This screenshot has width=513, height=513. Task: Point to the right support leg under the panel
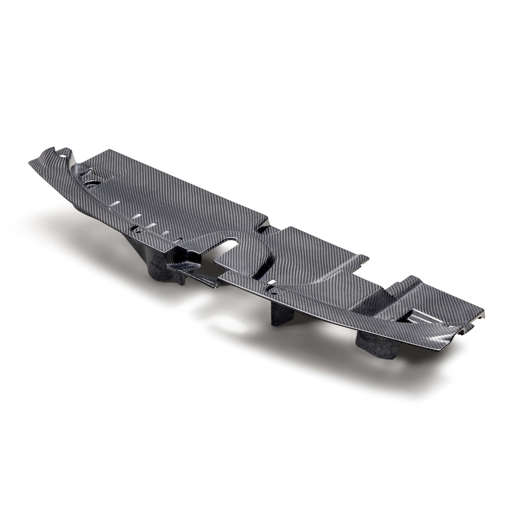pos(372,345)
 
